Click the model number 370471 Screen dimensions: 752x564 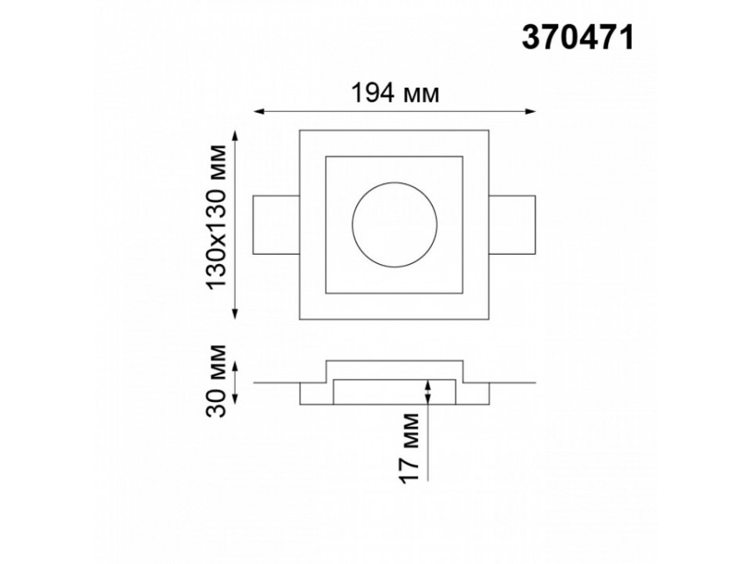(577, 38)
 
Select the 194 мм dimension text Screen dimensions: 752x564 (395, 93)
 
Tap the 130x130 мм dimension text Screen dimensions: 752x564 (216, 216)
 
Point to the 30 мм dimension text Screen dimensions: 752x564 (216, 381)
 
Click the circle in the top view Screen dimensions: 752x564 (352, 225)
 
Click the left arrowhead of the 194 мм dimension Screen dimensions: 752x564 (258, 112)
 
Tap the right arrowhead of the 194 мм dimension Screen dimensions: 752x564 (531, 112)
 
